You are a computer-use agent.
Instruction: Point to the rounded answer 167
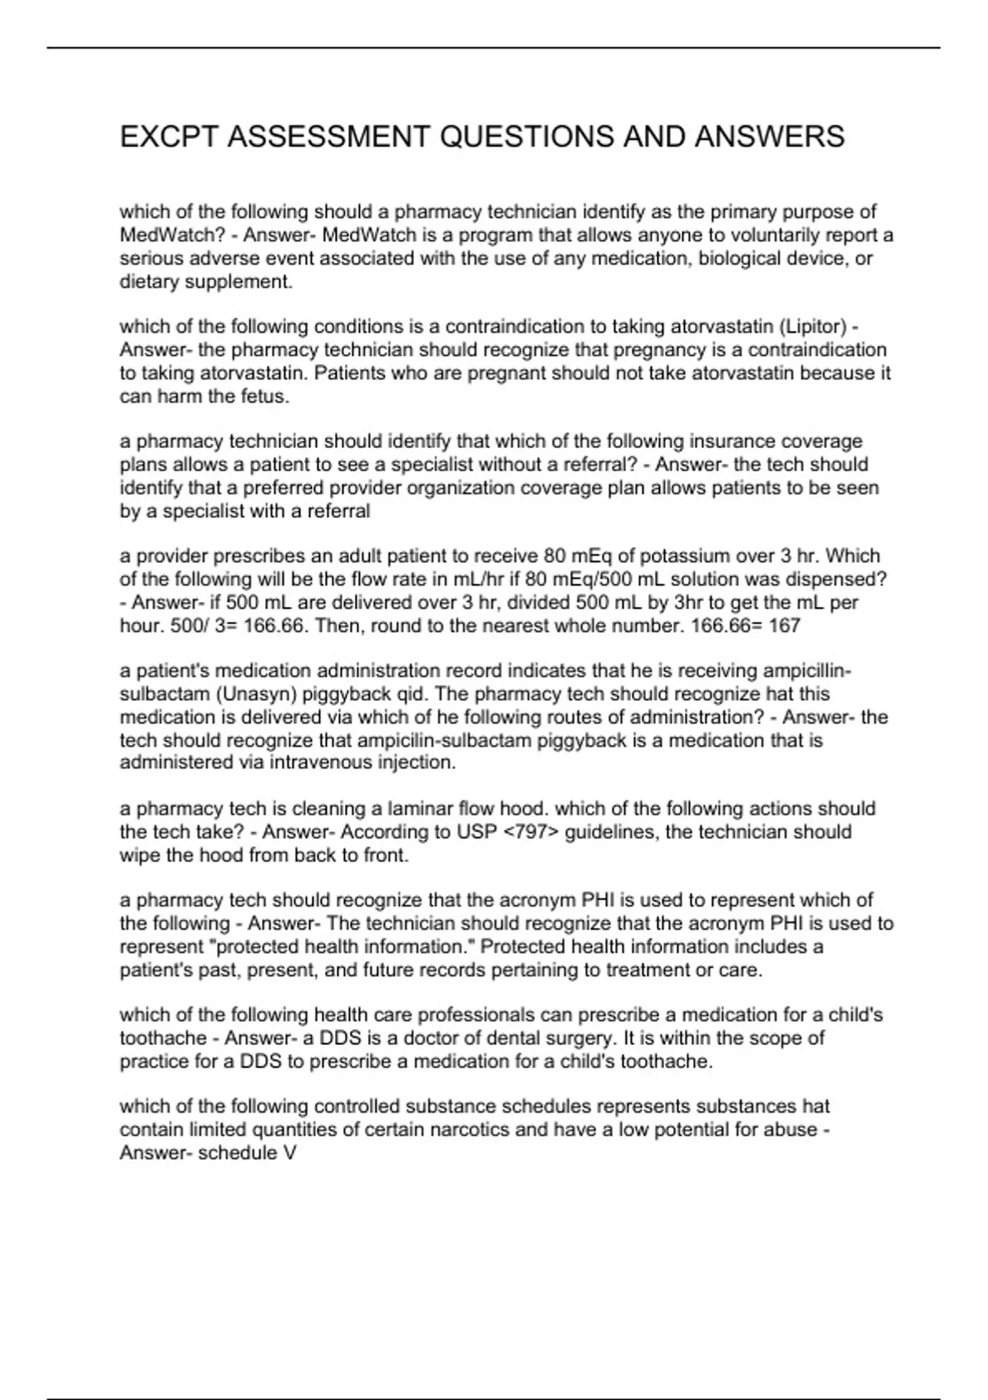[784, 626]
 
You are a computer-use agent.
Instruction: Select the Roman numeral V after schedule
[289, 1153]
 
